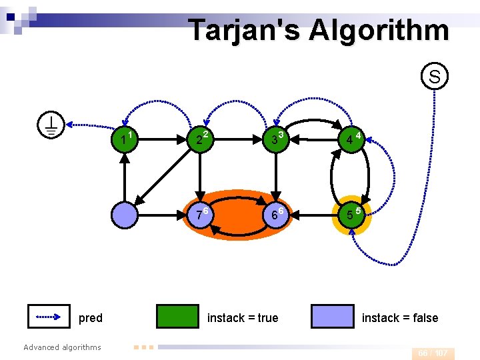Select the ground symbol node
pyautogui.click(x=51, y=124)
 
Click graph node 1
pyautogui.click(x=125, y=140)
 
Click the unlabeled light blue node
pyautogui.click(x=125, y=215)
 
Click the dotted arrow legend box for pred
pyautogui.click(x=49, y=317)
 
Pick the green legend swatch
pyautogui.click(x=178, y=317)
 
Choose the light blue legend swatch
pyautogui.click(x=333, y=317)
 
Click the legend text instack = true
pyautogui.click(x=243, y=318)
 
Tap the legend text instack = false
pyautogui.click(x=400, y=318)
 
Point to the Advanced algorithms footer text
pyautogui.click(x=62, y=347)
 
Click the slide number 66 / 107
pyautogui.click(x=433, y=353)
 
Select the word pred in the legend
pyautogui.click(x=91, y=318)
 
